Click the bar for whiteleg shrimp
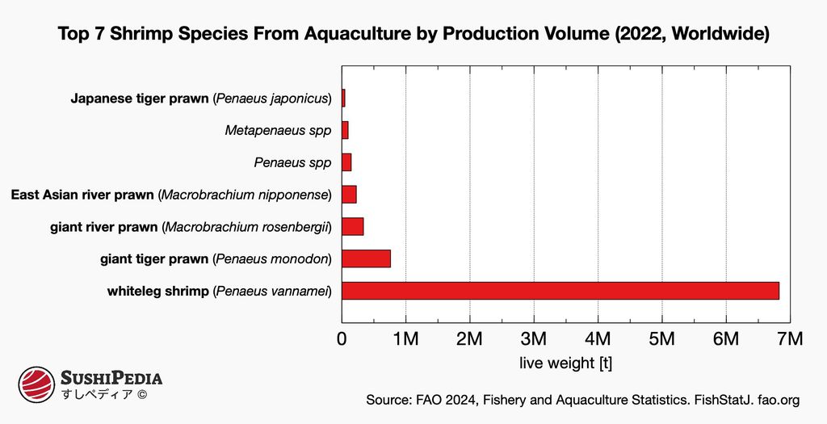[560, 291]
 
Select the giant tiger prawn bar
[366, 258]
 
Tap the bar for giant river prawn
[353, 226]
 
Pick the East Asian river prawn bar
[349, 195]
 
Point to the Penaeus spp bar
[346, 162]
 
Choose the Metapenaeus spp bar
[345, 130]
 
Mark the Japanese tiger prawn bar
[343, 99]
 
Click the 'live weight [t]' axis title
[565, 363]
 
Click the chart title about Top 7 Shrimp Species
[413, 35]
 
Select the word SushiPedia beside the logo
[112, 378]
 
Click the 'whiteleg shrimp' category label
[157, 291]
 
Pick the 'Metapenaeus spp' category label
[278, 130]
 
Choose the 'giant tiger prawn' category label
[154, 258]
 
